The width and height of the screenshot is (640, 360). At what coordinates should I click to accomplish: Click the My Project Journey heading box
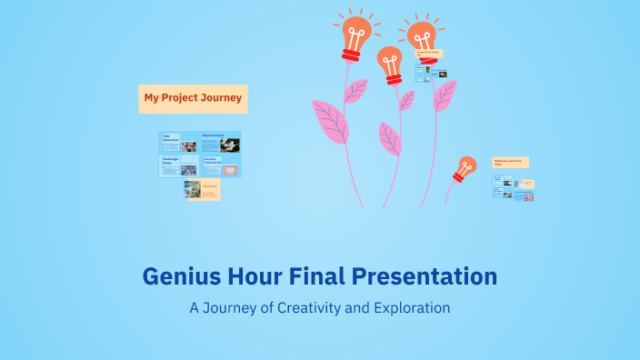[x=193, y=98]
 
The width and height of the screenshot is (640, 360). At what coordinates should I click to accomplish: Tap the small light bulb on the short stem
[x=465, y=167]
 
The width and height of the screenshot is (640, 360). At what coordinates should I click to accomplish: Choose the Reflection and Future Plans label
[x=510, y=163]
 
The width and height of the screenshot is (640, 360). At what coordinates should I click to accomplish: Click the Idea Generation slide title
[x=172, y=137]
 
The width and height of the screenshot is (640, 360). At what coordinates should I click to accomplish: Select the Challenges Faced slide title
[x=172, y=160]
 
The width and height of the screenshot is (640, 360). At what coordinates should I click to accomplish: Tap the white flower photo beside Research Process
[x=230, y=145]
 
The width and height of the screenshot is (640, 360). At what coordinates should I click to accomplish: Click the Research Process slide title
[x=213, y=135]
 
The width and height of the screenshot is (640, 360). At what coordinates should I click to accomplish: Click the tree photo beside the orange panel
[x=192, y=188]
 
